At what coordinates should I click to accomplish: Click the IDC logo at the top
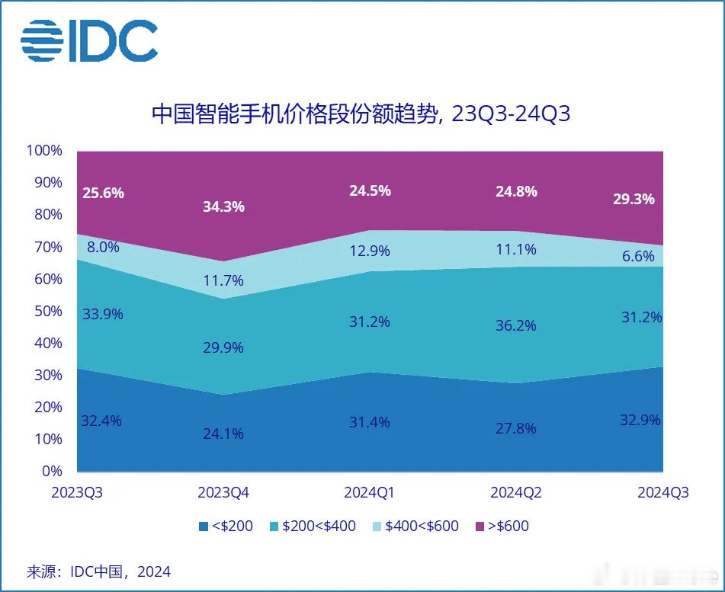pyautogui.click(x=89, y=40)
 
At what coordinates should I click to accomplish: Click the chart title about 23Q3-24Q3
pyautogui.click(x=361, y=114)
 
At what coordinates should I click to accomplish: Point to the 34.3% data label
pyautogui.click(x=223, y=206)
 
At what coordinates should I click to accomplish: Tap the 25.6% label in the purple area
pyautogui.click(x=102, y=193)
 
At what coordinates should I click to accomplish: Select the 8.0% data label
pyautogui.click(x=102, y=246)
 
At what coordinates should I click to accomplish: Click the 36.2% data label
pyautogui.click(x=516, y=325)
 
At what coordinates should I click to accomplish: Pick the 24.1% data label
pyautogui.click(x=223, y=434)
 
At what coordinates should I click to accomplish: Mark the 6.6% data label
pyautogui.click(x=638, y=256)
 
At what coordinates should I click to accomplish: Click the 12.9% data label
pyautogui.click(x=370, y=251)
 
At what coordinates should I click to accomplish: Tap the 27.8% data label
pyautogui.click(x=516, y=428)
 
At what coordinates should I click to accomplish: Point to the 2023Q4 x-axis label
pyautogui.click(x=223, y=493)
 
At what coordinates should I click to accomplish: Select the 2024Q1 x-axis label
pyautogui.click(x=370, y=493)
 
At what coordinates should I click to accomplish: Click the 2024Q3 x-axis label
pyautogui.click(x=662, y=493)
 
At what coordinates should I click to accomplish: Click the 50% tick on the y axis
pyautogui.click(x=46, y=311)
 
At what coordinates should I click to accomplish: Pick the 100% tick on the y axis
pyautogui.click(x=43, y=150)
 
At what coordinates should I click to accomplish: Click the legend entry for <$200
pyautogui.click(x=225, y=526)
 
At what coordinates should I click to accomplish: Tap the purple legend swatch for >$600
pyautogui.click(x=480, y=526)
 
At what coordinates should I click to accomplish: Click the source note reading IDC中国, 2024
pyautogui.click(x=99, y=571)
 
